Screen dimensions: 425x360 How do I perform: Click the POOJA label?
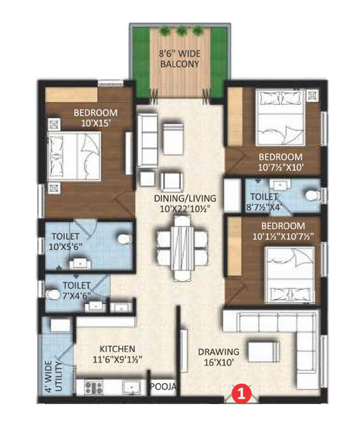(x=164, y=386)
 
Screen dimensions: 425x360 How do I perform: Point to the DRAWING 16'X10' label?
(x=218, y=357)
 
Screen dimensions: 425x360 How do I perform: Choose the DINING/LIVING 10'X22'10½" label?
(x=184, y=203)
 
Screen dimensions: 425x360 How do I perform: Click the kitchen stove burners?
(x=92, y=387)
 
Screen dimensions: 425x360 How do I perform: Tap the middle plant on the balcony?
(x=182, y=30)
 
